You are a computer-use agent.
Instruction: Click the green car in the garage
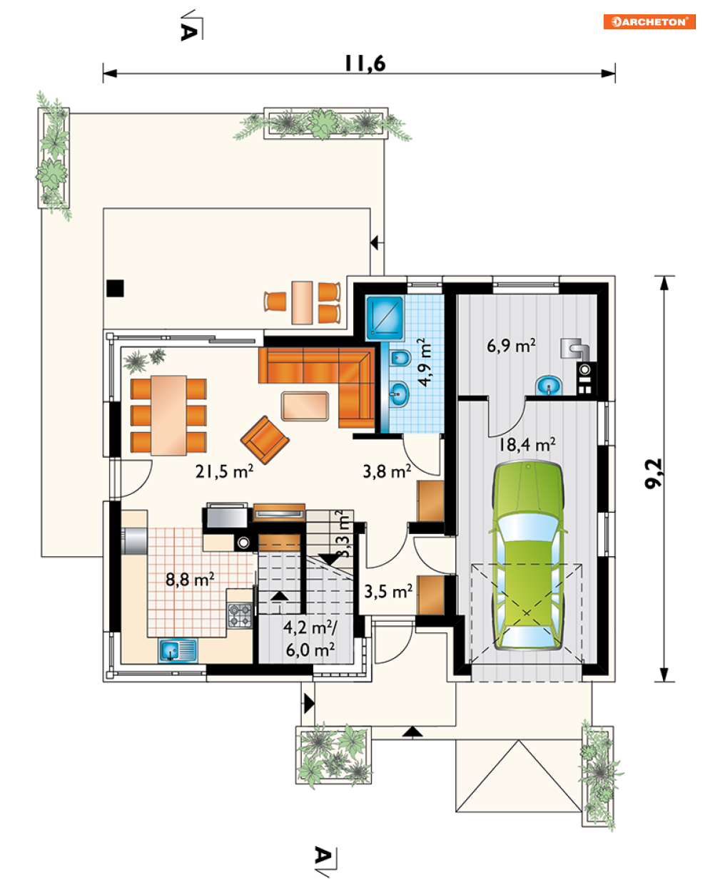click(x=527, y=556)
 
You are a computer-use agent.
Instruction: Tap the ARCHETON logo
click(x=649, y=21)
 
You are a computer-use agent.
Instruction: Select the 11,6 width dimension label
click(x=365, y=63)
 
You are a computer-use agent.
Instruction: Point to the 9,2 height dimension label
click(x=653, y=473)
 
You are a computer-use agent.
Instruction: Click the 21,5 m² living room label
click(x=224, y=471)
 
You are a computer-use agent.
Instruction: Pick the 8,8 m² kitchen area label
click(x=190, y=579)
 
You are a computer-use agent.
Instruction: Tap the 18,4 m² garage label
click(x=527, y=444)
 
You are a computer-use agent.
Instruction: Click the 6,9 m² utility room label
click(x=511, y=345)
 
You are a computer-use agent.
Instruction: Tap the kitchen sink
click(x=178, y=650)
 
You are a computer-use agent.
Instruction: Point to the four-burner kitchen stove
click(x=240, y=615)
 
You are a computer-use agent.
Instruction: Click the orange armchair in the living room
click(x=265, y=440)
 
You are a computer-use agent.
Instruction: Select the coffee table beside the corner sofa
click(x=305, y=406)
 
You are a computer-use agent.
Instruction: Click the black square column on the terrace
click(x=115, y=288)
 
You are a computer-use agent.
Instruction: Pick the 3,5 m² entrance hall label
click(x=387, y=591)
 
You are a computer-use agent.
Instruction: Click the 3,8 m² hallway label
click(x=387, y=471)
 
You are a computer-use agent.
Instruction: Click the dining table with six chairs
click(x=168, y=415)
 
